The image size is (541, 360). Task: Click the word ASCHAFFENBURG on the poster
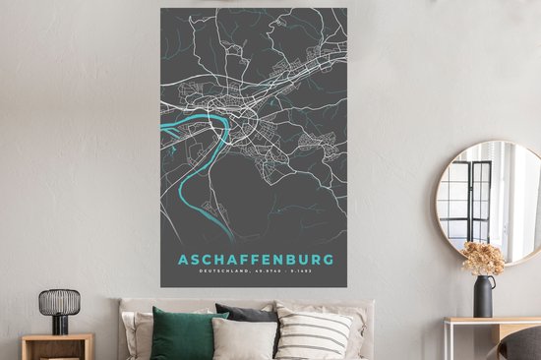(254, 261)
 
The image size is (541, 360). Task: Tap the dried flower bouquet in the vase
(483, 259)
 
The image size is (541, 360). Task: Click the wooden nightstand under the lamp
(58, 346)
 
